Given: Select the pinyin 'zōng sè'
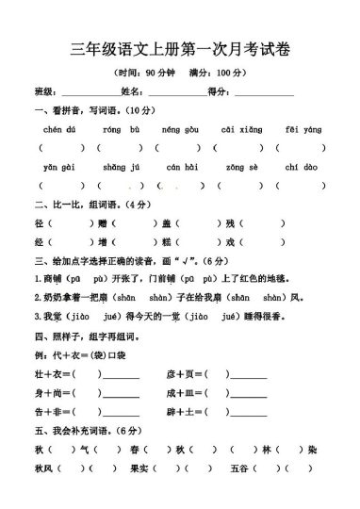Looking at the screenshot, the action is (239, 166).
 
